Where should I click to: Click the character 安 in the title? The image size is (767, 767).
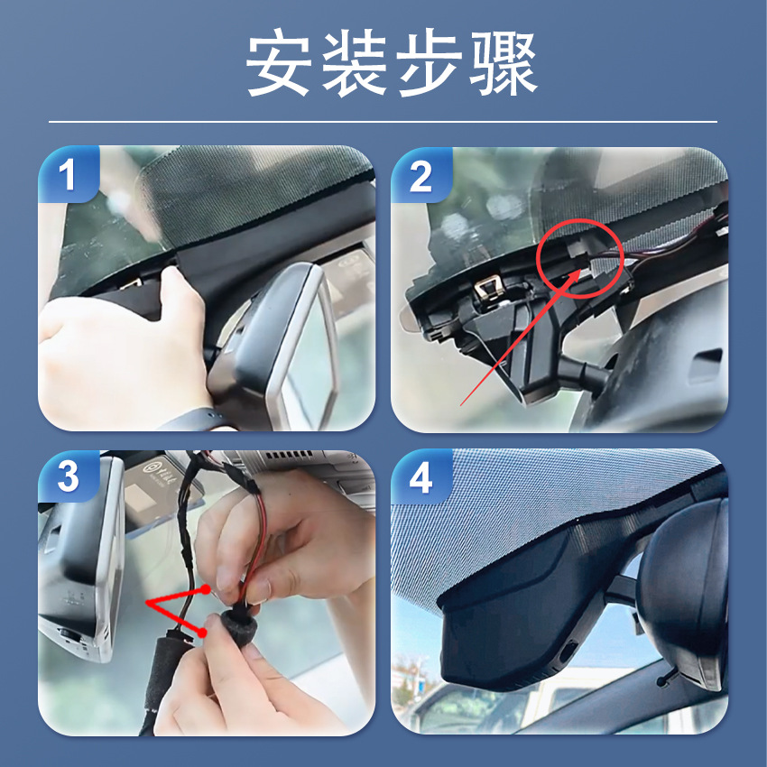(x=280, y=62)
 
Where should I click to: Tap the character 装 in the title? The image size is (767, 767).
(x=355, y=62)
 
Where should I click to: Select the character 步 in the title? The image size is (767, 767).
(x=430, y=62)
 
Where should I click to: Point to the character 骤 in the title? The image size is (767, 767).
(x=504, y=62)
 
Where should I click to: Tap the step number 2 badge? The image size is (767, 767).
(x=420, y=176)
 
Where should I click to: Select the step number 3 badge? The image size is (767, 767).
(x=68, y=476)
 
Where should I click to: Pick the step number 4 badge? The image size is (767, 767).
(x=420, y=477)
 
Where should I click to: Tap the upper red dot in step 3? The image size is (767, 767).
(x=206, y=589)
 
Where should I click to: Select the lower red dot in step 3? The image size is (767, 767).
(x=201, y=633)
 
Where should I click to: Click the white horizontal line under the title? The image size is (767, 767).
(x=383, y=121)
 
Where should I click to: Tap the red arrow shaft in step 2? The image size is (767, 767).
(x=520, y=337)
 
